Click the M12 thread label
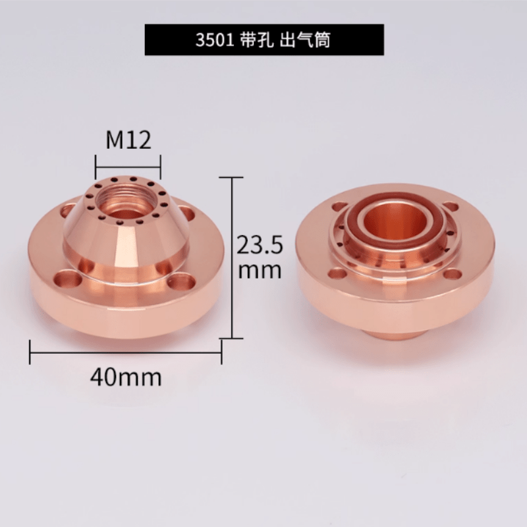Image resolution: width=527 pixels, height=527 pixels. pyautogui.click(x=128, y=140)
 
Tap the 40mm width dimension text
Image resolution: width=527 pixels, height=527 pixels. pyautogui.click(x=126, y=377)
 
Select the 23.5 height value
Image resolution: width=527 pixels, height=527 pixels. pyautogui.click(x=260, y=244)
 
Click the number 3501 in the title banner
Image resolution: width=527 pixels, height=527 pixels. pyautogui.click(x=215, y=40)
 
